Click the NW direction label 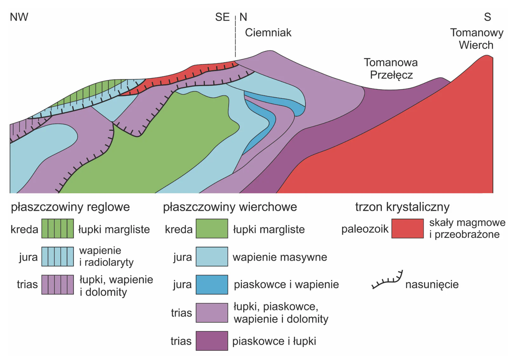point(19,17)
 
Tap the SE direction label point(222,17)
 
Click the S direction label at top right point(487,17)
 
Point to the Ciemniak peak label point(268,33)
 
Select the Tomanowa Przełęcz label point(391,69)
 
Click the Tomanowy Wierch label point(477,39)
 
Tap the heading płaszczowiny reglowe point(70,207)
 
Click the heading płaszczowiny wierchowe point(230,207)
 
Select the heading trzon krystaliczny point(402,207)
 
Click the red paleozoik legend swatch point(408,228)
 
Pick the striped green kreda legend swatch point(57,228)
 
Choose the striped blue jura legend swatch point(57,257)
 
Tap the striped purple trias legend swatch point(57,285)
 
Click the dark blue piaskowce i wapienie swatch point(212,285)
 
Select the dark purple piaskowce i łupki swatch point(212,341)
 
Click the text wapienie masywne point(280,257)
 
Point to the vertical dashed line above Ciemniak point(235,36)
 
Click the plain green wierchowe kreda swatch point(212,228)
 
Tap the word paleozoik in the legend point(365,229)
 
